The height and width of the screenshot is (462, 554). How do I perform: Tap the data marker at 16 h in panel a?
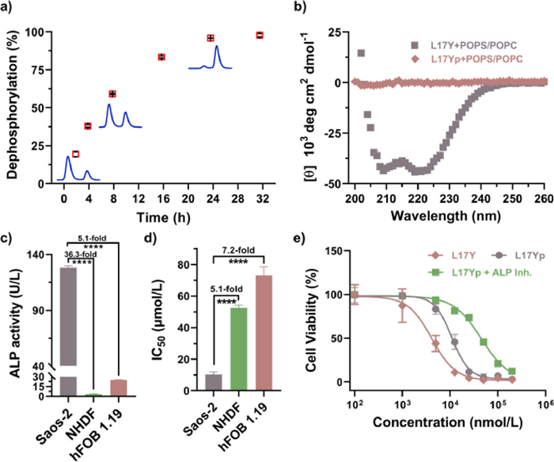[x=161, y=57]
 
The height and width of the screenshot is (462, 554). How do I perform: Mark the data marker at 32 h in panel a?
[x=260, y=35]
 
